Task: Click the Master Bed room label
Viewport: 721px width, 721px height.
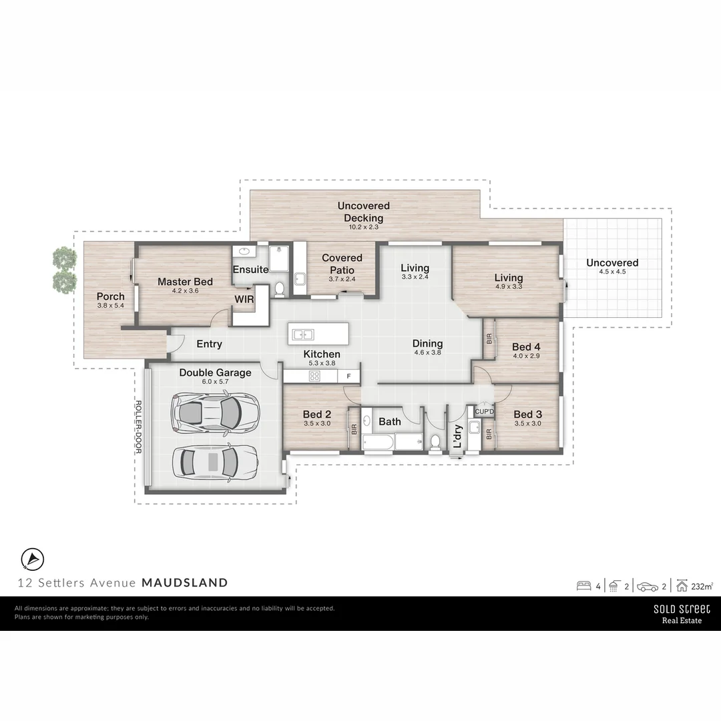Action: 185,282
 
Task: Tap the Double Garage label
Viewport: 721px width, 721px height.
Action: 215,373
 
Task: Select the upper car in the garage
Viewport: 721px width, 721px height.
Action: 214,411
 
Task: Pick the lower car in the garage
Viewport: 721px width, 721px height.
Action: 214,461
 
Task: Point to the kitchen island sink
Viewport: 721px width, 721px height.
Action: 302,334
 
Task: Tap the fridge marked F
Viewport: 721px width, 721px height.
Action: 348,377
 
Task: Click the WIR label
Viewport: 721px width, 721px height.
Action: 244,299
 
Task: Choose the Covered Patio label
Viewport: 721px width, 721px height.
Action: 342,263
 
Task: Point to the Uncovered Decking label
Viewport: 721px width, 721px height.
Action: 363,212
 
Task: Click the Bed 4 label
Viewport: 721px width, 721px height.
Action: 526,346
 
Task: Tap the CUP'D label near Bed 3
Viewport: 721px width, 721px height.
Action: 484,411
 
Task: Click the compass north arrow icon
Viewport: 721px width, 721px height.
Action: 33,557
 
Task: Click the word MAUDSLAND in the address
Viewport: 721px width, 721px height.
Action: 184,582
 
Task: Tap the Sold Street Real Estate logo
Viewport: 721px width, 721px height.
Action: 681,614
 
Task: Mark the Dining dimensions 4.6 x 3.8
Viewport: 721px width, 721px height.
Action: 427,352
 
